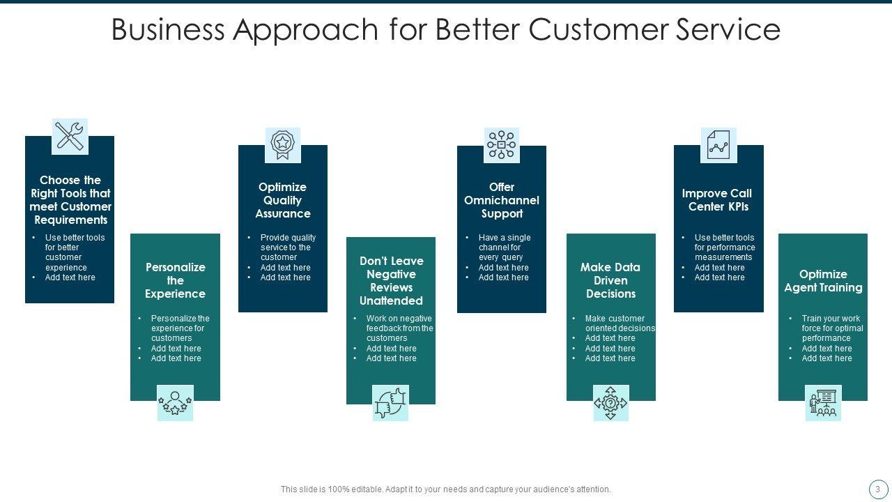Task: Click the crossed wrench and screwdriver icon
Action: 70,136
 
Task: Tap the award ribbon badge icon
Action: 282,144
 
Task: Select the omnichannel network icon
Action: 502,145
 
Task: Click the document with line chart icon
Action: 718,145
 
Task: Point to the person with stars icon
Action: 175,403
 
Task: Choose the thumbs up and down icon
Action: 390,403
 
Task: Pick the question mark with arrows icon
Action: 610,403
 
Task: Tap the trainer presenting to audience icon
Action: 823,403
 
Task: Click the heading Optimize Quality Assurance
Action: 282,200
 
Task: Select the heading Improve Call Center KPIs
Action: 716,200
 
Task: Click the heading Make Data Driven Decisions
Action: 610,280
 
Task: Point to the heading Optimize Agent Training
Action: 823,281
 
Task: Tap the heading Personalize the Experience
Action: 175,280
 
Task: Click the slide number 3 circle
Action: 877,489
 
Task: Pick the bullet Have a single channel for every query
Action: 504,248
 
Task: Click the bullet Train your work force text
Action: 831,328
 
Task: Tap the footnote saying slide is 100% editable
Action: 445,489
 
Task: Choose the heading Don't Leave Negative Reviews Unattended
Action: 391,281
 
